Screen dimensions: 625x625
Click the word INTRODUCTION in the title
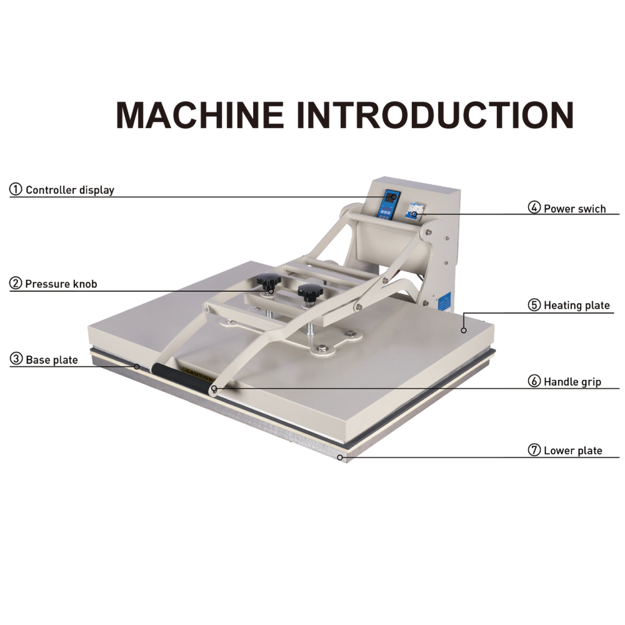(x=435, y=116)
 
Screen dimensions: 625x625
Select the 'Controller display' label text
(x=70, y=190)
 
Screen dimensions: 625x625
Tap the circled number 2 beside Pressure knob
(x=16, y=284)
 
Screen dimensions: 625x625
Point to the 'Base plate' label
(x=52, y=359)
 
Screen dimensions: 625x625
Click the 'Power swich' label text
(x=574, y=209)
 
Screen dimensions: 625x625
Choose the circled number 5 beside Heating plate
(x=534, y=305)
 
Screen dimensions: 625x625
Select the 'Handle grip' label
(x=572, y=381)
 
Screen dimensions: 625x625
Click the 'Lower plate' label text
(x=572, y=450)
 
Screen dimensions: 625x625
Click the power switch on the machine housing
(x=415, y=211)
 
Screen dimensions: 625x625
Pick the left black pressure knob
(x=267, y=281)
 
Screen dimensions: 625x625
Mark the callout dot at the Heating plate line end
(x=464, y=329)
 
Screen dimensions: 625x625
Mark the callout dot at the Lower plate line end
(x=340, y=457)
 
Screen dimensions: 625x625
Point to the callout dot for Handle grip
(x=214, y=388)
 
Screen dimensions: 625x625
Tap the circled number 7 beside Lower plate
(x=534, y=450)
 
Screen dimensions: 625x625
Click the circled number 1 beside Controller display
(x=16, y=189)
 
